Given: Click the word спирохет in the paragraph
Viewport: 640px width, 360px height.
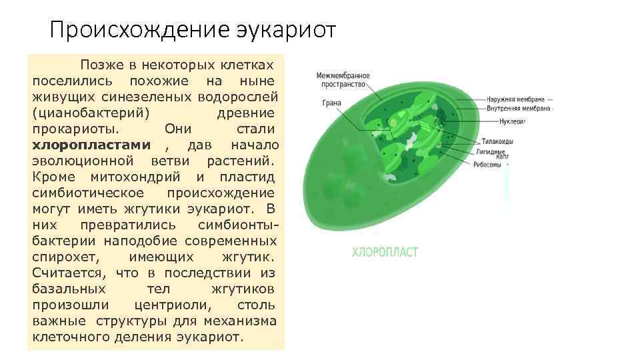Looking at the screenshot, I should (x=64, y=257).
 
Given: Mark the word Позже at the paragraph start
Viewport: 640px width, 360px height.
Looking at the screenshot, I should (x=100, y=65).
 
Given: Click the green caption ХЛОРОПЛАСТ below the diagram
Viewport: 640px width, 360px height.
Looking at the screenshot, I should (x=385, y=252).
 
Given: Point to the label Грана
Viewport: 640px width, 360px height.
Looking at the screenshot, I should (x=331, y=104).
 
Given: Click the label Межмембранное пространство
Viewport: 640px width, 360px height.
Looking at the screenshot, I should (x=343, y=80).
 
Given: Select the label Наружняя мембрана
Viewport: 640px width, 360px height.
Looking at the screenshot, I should (x=516, y=98).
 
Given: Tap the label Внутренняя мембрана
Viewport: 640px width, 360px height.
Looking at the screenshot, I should (x=518, y=108).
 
